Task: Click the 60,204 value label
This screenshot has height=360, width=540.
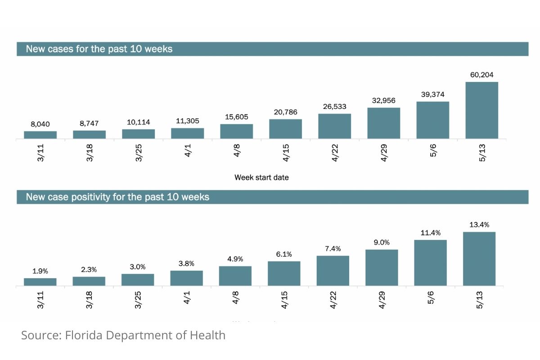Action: [481, 75]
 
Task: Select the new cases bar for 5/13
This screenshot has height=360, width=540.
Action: [481, 110]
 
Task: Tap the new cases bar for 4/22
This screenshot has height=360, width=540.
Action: [334, 126]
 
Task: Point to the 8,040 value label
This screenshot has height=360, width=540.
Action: [40, 124]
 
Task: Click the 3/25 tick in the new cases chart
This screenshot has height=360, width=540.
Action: [139, 153]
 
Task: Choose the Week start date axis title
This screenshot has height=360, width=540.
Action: [261, 177]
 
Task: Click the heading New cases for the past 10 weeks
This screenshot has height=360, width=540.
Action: [99, 49]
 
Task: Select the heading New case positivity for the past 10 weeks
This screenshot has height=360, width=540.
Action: [117, 197]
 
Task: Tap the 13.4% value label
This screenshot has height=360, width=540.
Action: [479, 225]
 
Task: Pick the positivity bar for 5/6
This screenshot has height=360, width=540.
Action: [430, 263]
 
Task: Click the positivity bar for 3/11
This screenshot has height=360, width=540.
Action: [40, 282]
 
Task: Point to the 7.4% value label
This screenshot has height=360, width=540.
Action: [333, 248]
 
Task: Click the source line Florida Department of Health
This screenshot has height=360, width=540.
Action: [123, 335]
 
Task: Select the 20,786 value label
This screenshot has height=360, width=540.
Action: [285, 112]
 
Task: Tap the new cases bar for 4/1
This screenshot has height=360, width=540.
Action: [187, 133]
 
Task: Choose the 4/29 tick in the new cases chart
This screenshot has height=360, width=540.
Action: [384, 153]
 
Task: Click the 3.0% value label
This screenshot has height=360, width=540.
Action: [138, 266]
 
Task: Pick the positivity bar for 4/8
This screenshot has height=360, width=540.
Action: [235, 276]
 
